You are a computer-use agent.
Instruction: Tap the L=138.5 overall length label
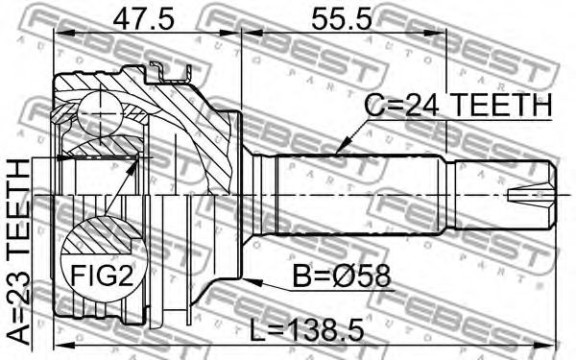coord(307,329)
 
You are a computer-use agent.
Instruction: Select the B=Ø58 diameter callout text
coord(341,276)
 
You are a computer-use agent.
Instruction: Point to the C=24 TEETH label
coord(458,105)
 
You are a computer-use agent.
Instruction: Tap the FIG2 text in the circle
coord(102,276)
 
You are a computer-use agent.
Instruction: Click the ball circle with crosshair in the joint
coord(100,113)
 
